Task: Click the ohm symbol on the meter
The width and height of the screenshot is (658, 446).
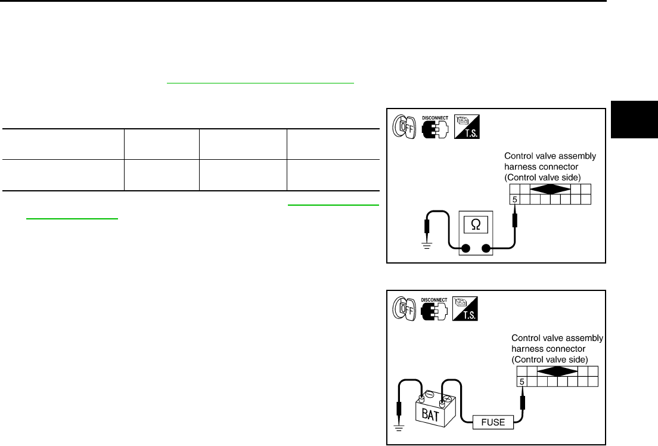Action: [476, 225]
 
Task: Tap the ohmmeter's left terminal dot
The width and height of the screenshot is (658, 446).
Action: [466, 249]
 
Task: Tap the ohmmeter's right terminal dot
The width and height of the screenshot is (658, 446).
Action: [486, 249]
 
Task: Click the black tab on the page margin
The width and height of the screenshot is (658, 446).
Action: [634, 126]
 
